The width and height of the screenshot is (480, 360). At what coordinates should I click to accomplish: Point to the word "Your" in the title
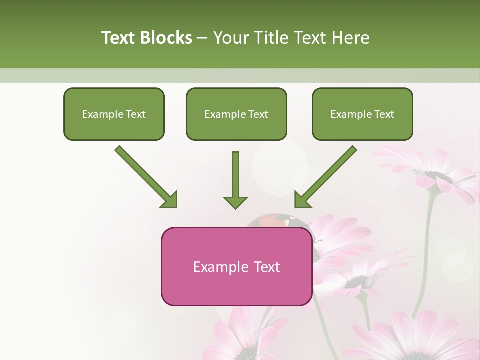coord(231,38)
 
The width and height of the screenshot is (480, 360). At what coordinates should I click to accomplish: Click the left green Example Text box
coord(114,114)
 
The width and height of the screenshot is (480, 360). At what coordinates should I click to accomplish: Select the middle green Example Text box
coord(236,114)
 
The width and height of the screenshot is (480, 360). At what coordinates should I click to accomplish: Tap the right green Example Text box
coord(362,114)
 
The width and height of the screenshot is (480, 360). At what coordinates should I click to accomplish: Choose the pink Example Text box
coord(236,266)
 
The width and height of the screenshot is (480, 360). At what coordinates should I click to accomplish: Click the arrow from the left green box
coord(145,176)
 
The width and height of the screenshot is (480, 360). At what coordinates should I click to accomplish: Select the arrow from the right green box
coord(327,176)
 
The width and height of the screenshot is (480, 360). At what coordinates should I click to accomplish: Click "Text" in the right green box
coord(384,114)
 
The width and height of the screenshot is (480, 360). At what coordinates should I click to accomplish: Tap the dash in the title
coord(202,38)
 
